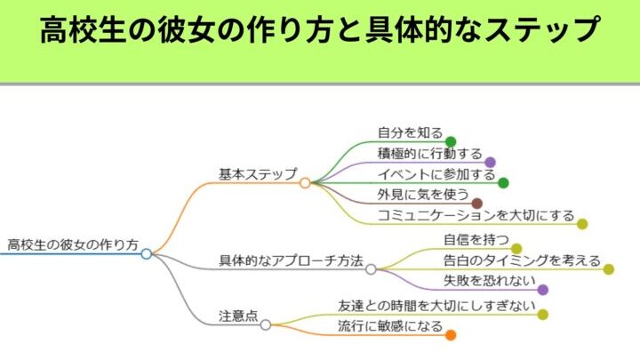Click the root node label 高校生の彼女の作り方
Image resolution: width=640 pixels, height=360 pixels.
pyautogui.click(x=72, y=244)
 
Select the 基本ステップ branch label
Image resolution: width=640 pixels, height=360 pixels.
pyautogui.click(x=258, y=173)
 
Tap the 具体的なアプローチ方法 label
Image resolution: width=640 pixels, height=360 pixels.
pyautogui.click(x=291, y=260)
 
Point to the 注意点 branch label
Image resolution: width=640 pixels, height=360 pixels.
pyautogui.click(x=238, y=316)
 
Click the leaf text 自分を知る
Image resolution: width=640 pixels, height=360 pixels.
pyautogui.click(x=410, y=133)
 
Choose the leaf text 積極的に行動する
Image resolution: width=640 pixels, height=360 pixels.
pyautogui.click(x=429, y=154)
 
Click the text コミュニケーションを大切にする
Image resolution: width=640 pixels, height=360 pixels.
pyautogui.click(x=476, y=215)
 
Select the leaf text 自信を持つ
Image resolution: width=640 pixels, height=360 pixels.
pyautogui.click(x=476, y=239)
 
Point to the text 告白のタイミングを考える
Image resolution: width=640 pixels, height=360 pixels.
pyautogui.click(x=522, y=260)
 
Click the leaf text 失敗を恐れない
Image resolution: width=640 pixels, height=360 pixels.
pyautogui.click(x=489, y=281)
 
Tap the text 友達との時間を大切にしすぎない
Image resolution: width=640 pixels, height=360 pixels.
pyautogui.click(x=436, y=305)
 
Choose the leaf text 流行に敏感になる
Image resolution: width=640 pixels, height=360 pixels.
pyautogui.click(x=390, y=326)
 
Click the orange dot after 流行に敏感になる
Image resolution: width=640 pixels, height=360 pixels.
pyautogui.click(x=451, y=335)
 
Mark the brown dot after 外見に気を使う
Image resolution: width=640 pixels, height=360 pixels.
pyautogui.click(x=476, y=204)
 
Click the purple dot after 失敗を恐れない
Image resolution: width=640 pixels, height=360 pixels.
pyautogui.click(x=543, y=290)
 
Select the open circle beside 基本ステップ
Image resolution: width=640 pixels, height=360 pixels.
pyautogui.click(x=305, y=182)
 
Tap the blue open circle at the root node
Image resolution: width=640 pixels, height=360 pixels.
pyautogui.click(x=147, y=253)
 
